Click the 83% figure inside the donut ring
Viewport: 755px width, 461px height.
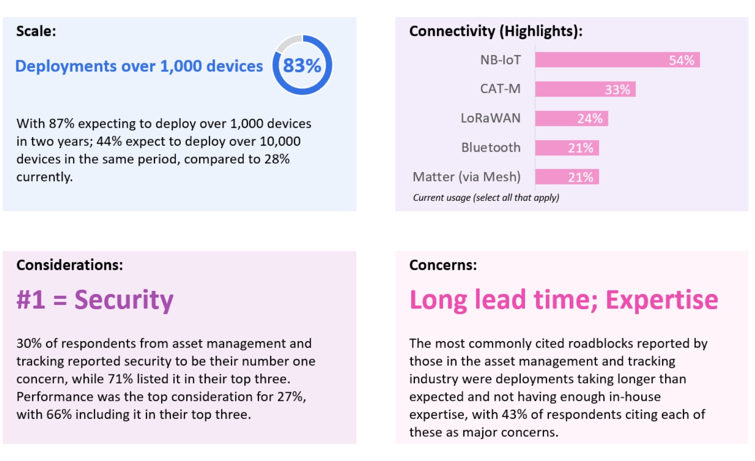pyautogui.click(x=302, y=66)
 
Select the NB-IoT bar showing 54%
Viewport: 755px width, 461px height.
pyautogui.click(x=617, y=60)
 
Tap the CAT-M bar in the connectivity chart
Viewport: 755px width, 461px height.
pyautogui.click(x=585, y=90)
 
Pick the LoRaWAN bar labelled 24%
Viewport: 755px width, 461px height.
pyautogui.click(x=571, y=118)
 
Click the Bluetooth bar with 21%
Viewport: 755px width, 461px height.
pyautogui.click(x=567, y=148)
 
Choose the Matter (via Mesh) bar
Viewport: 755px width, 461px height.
pyautogui.click(x=567, y=177)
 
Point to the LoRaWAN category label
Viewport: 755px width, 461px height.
pyautogui.click(x=490, y=118)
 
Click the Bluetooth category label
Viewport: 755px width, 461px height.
pyautogui.click(x=491, y=148)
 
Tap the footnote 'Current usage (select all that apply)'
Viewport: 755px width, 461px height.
pyautogui.click(x=486, y=197)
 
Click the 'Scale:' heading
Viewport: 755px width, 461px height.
pyautogui.click(x=36, y=31)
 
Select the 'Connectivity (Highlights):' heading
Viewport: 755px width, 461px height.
pyautogui.click(x=495, y=31)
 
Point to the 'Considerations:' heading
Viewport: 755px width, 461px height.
pyautogui.click(x=70, y=265)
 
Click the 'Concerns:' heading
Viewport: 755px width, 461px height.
pyautogui.click(x=443, y=265)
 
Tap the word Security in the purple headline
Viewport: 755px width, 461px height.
pyautogui.click(x=124, y=300)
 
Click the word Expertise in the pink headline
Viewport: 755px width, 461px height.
pyautogui.click(x=662, y=300)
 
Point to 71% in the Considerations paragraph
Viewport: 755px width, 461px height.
pyautogui.click(x=120, y=379)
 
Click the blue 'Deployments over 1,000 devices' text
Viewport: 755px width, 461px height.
pyautogui.click(x=139, y=66)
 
